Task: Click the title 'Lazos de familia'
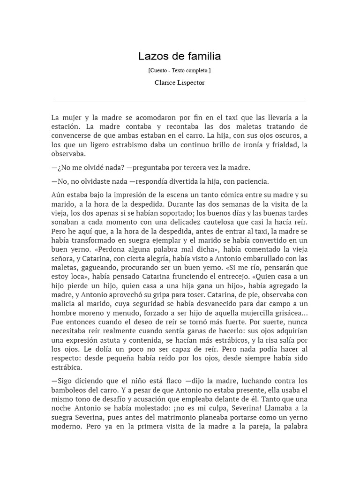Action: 180,57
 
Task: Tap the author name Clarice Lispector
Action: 180,82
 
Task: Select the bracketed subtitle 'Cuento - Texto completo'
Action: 180,70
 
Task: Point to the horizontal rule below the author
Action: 180,101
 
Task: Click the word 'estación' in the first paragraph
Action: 65,127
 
